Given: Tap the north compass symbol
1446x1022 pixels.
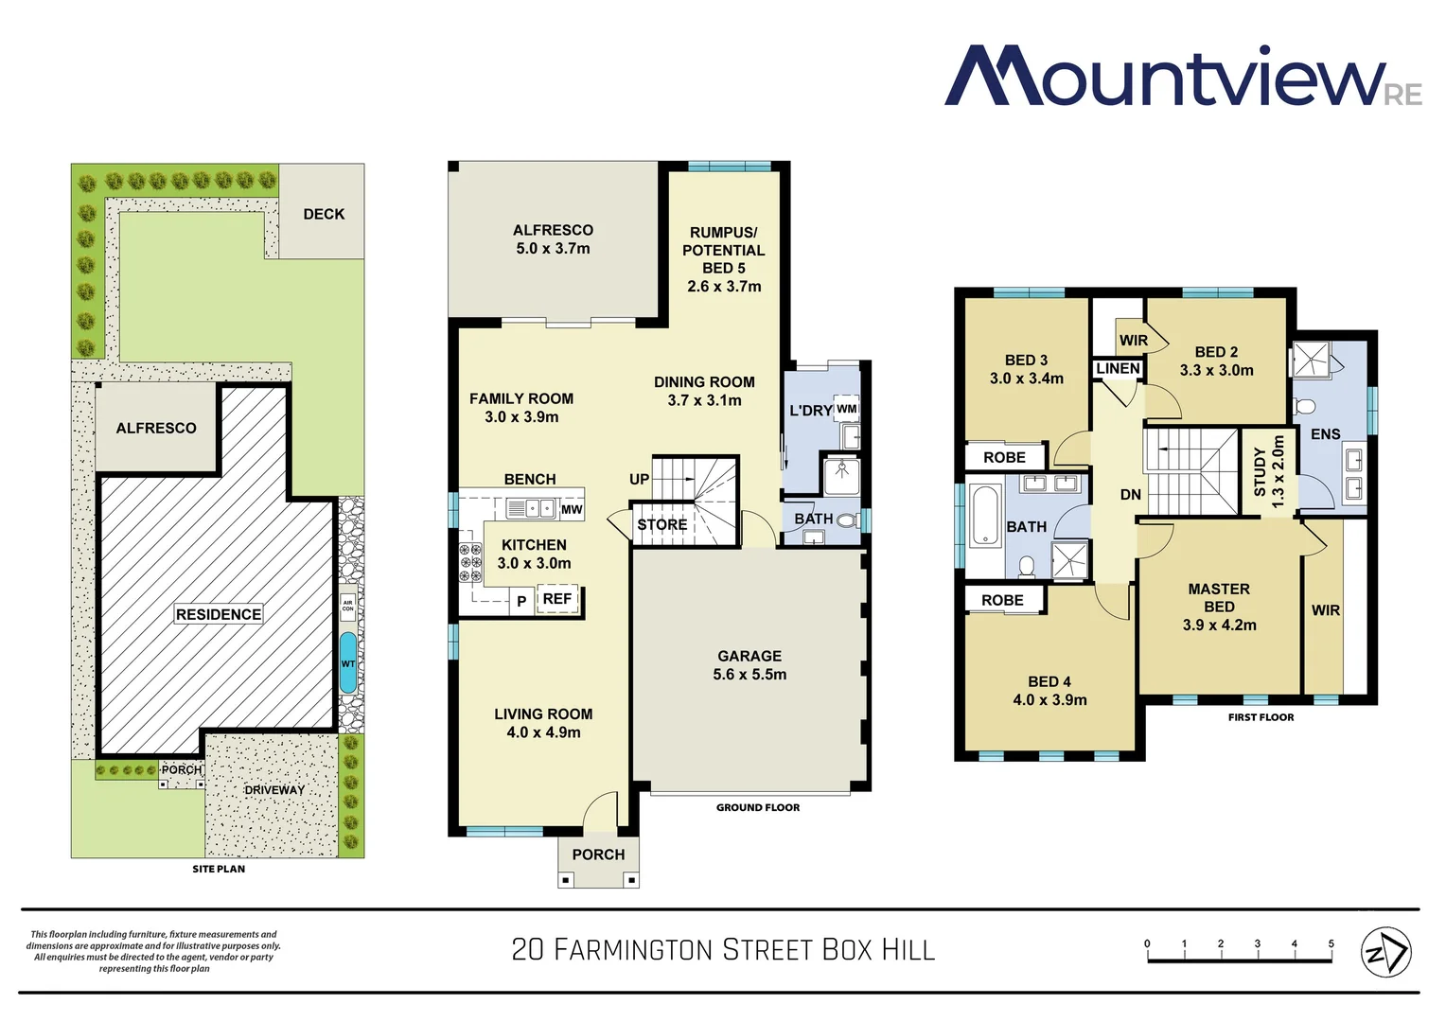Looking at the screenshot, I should click(x=1385, y=951).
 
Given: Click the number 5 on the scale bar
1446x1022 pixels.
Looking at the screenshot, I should click(x=1331, y=943).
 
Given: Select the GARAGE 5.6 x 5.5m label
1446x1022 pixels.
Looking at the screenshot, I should click(x=749, y=665).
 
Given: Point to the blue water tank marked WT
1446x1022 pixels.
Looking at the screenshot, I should click(x=348, y=663).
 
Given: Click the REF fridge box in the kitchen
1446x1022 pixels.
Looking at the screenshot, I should click(x=557, y=599).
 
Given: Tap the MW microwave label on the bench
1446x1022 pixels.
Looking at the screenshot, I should click(x=572, y=509).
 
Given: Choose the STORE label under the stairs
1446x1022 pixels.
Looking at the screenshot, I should click(x=662, y=524).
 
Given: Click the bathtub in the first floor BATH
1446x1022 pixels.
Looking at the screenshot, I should click(x=985, y=516).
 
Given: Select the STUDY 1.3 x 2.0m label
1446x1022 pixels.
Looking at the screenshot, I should click(x=1268, y=472).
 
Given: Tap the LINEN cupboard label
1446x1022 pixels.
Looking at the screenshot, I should click(x=1118, y=368).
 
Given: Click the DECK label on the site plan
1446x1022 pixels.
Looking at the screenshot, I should click(x=324, y=214).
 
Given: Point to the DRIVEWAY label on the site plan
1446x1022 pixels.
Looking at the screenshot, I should click(x=274, y=790).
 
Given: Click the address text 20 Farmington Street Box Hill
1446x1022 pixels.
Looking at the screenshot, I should click(x=723, y=949).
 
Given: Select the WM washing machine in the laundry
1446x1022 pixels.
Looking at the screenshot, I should click(x=846, y=410).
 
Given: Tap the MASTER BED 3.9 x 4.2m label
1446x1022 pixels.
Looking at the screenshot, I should click(x=1219, y=607).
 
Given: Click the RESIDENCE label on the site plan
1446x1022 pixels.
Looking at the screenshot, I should click(x=219, y=614).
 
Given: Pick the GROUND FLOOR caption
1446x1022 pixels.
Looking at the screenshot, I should click(x=757, y=807).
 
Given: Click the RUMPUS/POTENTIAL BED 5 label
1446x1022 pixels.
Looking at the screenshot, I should click(x=724, y=258).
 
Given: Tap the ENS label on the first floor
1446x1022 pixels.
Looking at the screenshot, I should click(x=1325, y=434).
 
